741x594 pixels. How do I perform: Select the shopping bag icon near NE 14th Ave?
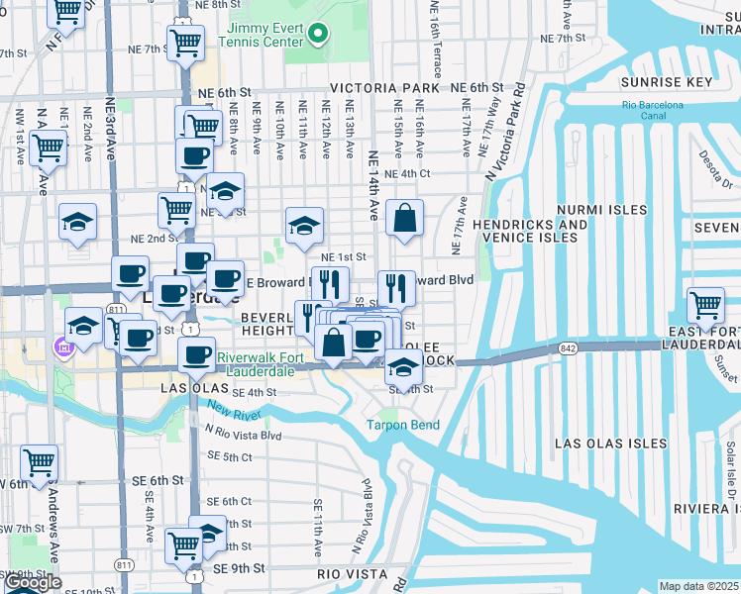[x=405, y=219]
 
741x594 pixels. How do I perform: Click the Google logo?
[x=34, y=583]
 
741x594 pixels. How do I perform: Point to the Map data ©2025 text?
[x=698, y=586]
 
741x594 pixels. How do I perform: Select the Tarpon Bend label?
[x=402, y=425]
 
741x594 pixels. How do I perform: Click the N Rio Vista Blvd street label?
[x=243, y=434]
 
